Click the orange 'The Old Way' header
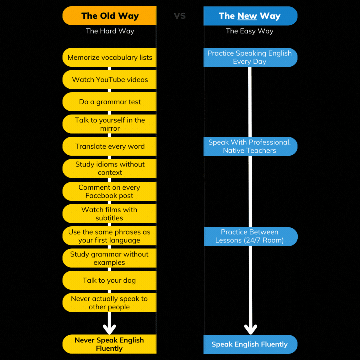click(x=110, y=16)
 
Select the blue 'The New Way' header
click(x=250, y=16)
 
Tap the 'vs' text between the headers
click(x=180, y=15)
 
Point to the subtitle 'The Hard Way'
click(x=110, y=31)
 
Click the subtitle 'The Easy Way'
click(x=249, y=31)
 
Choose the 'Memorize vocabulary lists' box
click(x=110, y=57)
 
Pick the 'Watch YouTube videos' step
click(x=110, y=80)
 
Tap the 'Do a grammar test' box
click(x=110, y=102)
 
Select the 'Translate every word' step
click(x=110, y=146)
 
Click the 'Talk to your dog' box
click(x=110, y=280)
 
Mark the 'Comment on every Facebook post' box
click(x=110, y=191)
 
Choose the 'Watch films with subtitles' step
click(x=110, y=214)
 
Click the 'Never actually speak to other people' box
click(x=110, y=303)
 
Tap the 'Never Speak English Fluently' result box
click(x=110, y=344)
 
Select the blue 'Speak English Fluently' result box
click(x=250, y=344)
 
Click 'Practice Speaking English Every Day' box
click(x=250, y=57)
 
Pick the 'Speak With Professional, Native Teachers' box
click(x=250, y=146)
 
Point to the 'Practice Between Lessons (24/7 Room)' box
click(x=250, y=236)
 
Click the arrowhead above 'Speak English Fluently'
click(x=250, y=329)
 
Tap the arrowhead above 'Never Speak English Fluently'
click(x=109, y=329)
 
